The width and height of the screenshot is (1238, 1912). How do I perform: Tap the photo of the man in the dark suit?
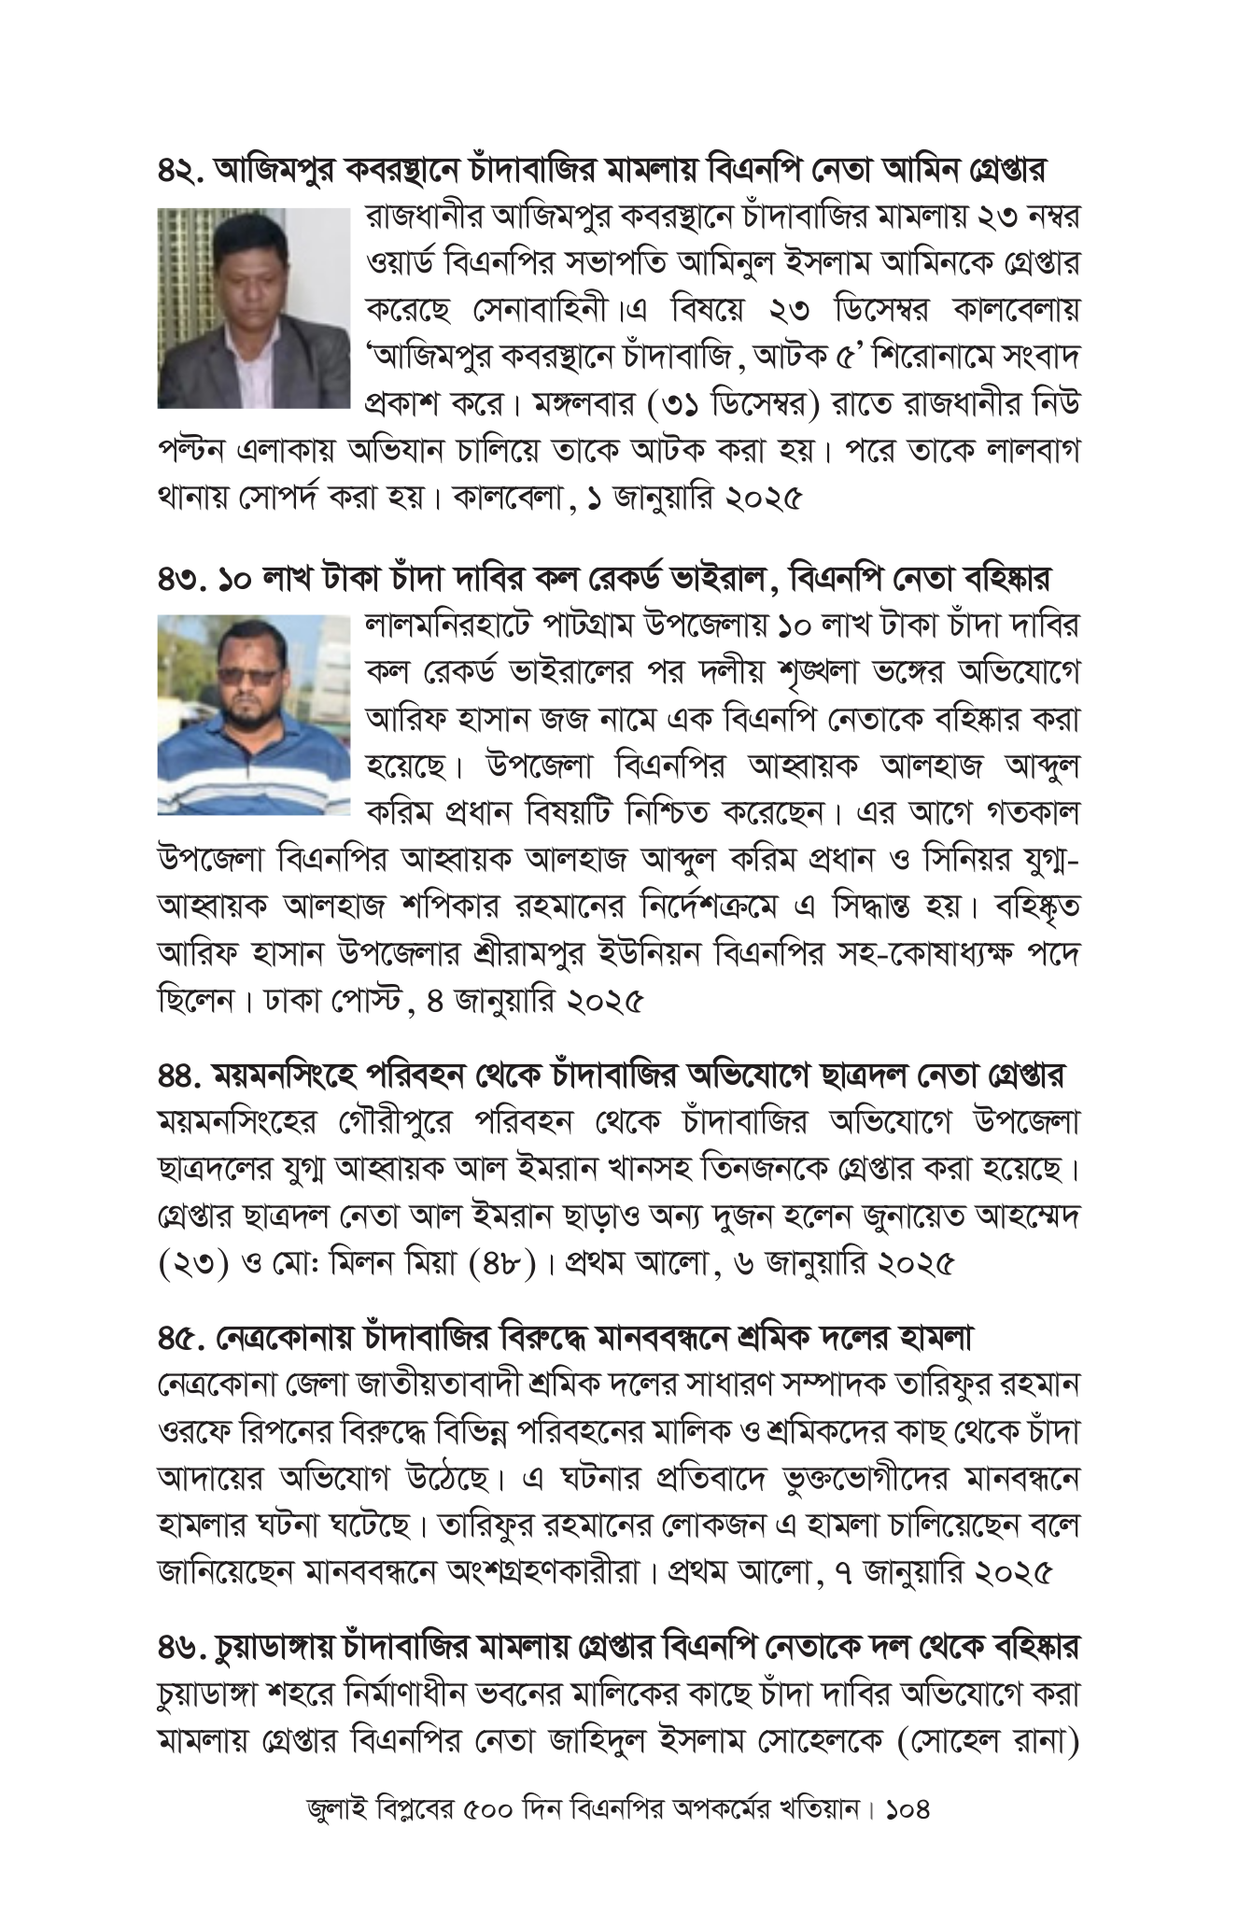point(253,307)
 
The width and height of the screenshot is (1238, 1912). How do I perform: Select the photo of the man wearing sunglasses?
point(253,713)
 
